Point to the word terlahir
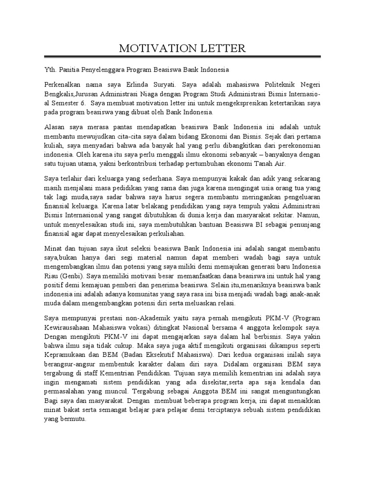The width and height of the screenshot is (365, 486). coord(73,179)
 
